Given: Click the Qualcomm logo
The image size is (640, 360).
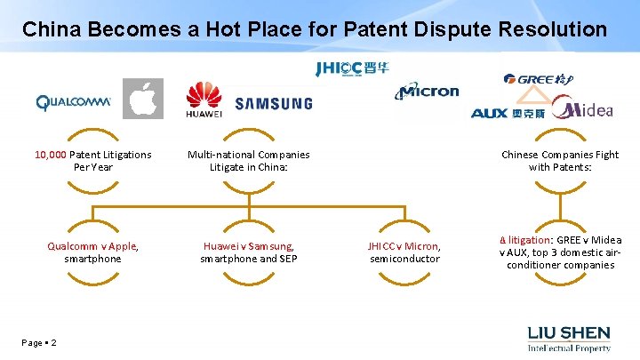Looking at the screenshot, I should pyautogui.click(x=73, y=102).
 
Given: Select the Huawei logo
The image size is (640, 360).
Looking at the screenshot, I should pyautogui.click(x=204, y=100).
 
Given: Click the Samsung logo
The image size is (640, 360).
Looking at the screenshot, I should pyautogui.click(x=274, y=104).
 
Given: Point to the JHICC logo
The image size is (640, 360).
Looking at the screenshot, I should pyautogui.click(x=352, y=68).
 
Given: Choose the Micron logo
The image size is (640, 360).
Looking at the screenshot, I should pyautogui.click(x=428, y=90).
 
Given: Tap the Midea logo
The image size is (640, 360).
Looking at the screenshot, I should pyautogui.click(x=583, y=108).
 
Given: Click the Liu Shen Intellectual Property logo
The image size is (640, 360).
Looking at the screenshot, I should pyautogui.click(x=569, y=339).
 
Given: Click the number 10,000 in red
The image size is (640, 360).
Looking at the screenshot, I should pyautogui.click(x=52, y=155).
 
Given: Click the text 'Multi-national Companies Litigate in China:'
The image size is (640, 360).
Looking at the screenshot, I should pyautogui.click(x=248, y=161).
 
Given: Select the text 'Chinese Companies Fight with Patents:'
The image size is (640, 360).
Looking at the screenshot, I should pyautogui.click(x=560, y=161).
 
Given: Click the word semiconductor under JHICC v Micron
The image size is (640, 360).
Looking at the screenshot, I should pyautogui.click(x=404, y=259).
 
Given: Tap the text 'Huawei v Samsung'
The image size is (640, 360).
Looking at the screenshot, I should pyautogui.click(x=248, y=245).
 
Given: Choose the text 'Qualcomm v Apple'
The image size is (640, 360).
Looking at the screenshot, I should pyautogui.click(x=92, y=245).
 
